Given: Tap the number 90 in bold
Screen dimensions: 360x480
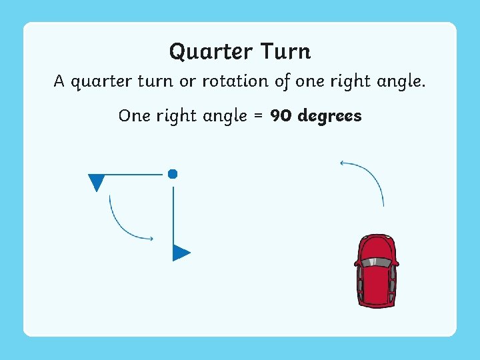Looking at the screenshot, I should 281,116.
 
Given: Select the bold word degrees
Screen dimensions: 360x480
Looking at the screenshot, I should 329,117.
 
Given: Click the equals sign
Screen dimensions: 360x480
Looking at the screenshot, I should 258,116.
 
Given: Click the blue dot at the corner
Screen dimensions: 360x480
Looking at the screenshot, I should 173,174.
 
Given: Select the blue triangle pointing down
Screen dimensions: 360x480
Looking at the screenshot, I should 97,181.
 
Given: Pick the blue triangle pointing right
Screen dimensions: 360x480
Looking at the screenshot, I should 181,253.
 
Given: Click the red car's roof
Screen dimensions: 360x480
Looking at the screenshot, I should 377,280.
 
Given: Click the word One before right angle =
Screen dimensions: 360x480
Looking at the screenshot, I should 134,116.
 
